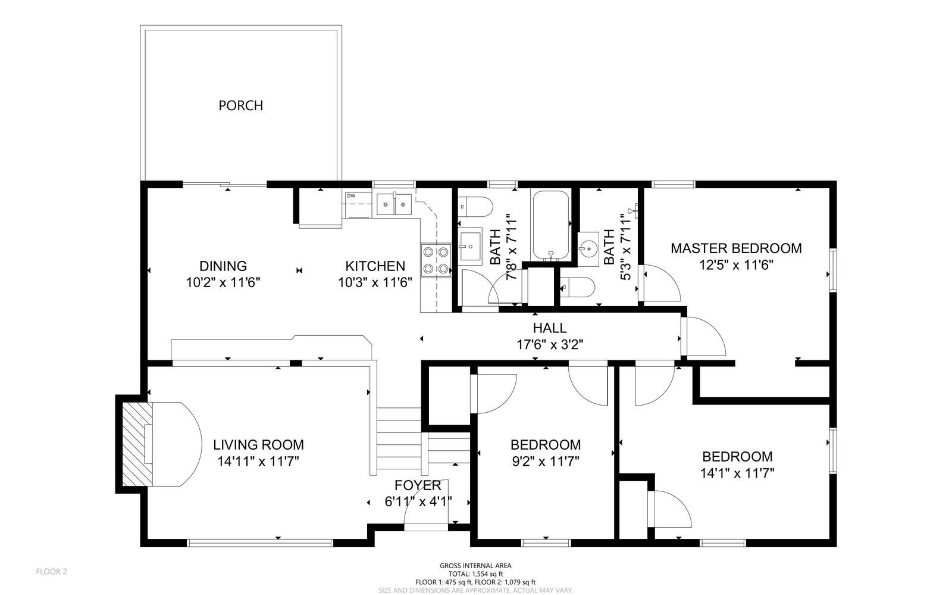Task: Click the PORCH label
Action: coord(240,105)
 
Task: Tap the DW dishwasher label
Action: coord(351,195)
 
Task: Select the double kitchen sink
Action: coord(394,204)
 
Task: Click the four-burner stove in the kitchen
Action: coord(436,260)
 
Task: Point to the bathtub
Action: coord(551,225)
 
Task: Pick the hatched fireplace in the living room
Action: coord(137,444)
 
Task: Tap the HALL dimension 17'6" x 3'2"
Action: coord(550,344)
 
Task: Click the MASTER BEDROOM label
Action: coord(736,248)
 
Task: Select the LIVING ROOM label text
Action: coord(258,445)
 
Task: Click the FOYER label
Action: coord(418,485)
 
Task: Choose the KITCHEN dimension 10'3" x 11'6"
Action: coord(375,282)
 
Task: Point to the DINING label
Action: coord(223,266)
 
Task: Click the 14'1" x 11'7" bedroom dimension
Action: coord(737,473)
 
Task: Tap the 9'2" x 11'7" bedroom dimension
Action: coord(546,461)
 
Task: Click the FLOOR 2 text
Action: coord(51,572)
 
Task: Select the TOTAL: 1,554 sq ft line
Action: coord(475,574)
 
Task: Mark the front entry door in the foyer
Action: coord(426,527)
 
